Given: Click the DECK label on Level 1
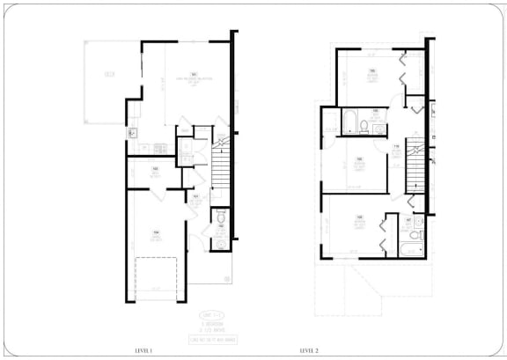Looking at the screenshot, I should [109, 75].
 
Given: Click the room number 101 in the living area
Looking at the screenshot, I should [192, 76].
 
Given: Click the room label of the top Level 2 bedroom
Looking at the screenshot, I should [372, 75].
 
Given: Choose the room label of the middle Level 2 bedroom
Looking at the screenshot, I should [359, 163].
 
